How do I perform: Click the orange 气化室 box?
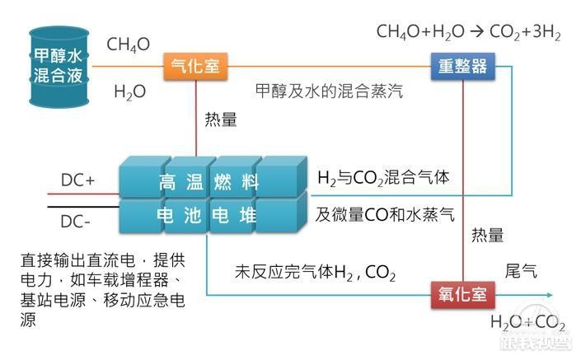tap(195, 66)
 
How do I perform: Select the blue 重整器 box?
tap(463, 66)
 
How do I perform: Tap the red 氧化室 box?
tap(463, 295)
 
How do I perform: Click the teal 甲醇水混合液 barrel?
tap(59, 67)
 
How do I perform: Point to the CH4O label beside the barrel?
tap(129, 44)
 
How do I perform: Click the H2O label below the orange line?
tap(129, 91)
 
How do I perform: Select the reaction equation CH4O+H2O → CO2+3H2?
tap(468, 32)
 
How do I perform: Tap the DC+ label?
tap(77, 180)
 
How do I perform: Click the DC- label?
tap(75, 222)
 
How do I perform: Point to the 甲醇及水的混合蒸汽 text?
tap(329, 91)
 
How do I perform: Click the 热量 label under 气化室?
tap(221, 119)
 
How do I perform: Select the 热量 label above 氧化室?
tap(487, 235)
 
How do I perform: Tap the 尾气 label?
tap(521, 271)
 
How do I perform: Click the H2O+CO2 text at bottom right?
tap(527, 322)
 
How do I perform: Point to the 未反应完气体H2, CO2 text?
tap(315, 272)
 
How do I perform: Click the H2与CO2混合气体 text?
tap(383, 178)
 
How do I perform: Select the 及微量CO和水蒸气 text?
tap(385, 214)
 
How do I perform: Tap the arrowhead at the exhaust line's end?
tap(550, 295)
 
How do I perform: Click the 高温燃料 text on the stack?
tap(209, 182)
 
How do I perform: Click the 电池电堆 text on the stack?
tap(206, 215)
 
